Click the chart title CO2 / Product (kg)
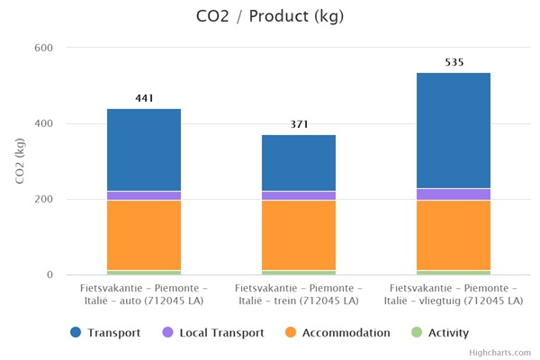pos(269,16)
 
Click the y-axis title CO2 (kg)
pos(20,162)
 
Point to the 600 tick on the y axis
pos(43,48)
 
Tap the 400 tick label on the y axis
pos(43,123)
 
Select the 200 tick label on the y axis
pos(43,199)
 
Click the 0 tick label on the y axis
pos(49,274)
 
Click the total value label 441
pos(144,98)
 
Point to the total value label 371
pos(299,124)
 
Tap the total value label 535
pos(454,62)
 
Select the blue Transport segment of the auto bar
pos(144,149)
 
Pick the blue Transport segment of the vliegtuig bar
pos(454,130)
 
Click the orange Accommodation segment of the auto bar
pos(144,234)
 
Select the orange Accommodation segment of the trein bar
pos(299,234)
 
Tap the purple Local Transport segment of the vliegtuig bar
pos(454,194)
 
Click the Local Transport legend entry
pos(212,333)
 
